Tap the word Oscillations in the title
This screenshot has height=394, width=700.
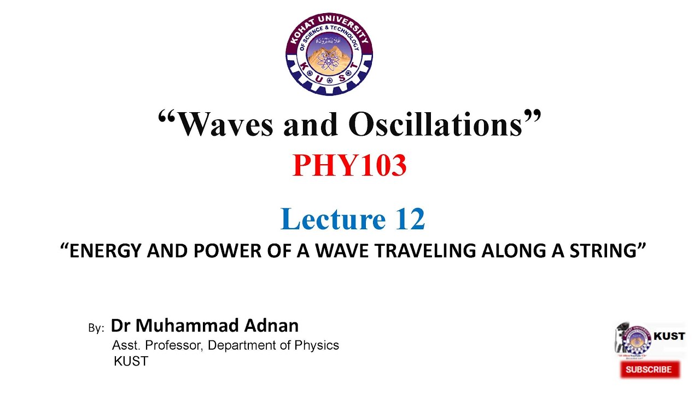[435, 125]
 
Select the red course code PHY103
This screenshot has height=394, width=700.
[349, 165]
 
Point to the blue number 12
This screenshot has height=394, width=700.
[407, 219]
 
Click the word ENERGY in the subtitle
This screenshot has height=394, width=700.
[98, 251]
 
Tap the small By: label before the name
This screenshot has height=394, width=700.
[96, 328]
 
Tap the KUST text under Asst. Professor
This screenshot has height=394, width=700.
[131, 361]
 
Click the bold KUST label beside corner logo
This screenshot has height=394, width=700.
[669, 336]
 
